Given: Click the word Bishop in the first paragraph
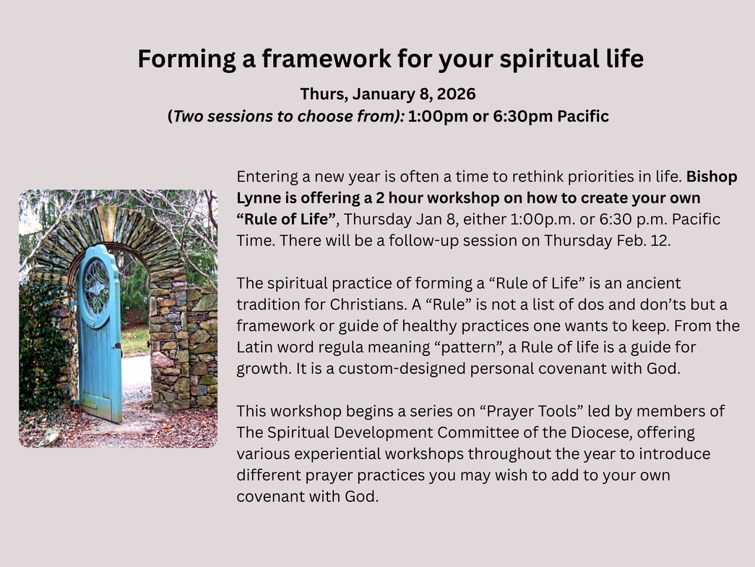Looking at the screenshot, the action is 712,177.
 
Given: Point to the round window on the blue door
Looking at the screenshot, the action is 98,289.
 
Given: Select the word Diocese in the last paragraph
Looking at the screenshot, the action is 600,432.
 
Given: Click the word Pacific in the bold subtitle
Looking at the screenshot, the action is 583,116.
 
